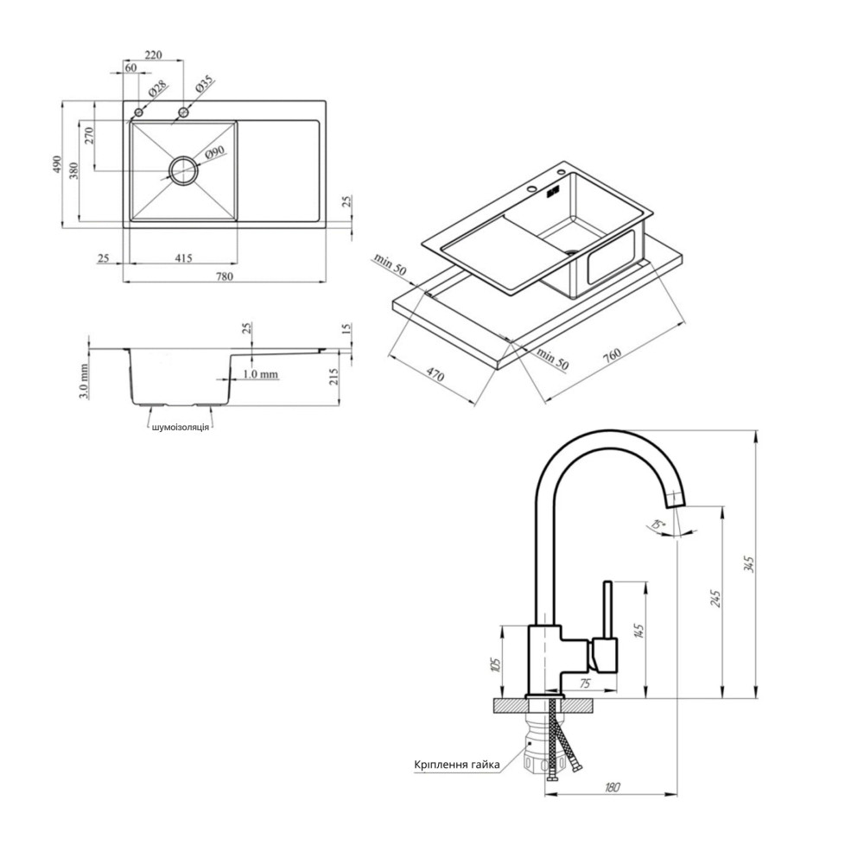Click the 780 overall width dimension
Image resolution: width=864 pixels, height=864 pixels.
(x=225, y=276)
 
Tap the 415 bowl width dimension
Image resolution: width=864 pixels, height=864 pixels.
(x=183, y=257)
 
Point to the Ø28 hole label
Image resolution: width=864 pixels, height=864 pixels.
(x=156, y=89)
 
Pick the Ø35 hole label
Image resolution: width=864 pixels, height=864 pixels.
(x=204, y=84)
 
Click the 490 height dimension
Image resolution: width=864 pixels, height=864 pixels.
(x=57, y=165)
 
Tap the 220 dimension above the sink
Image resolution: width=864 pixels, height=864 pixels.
(x=153, y=55)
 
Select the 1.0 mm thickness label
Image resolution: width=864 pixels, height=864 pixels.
(x=261, y=375)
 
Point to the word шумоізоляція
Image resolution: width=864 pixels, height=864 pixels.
(x=181, y=427)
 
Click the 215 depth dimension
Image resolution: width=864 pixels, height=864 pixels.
(x=334, y=378)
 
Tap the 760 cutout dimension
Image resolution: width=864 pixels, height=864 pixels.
(x=612, y=353)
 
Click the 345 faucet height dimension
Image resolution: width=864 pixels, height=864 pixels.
(x=749, y=563)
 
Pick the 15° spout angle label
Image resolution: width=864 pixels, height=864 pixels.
(x=658, y=524)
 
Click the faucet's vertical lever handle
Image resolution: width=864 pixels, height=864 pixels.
(x=607, y=611)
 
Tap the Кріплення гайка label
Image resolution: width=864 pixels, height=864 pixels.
(x=457, y=765)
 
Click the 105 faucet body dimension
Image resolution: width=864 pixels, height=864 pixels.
(x=497, y=664)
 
